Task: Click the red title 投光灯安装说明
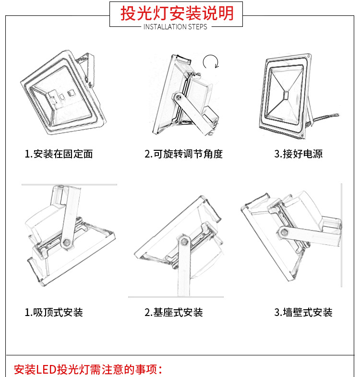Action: [x=176, y=13]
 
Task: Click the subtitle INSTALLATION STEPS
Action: [x=176, y=27]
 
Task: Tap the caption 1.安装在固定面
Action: [x=59, y=154]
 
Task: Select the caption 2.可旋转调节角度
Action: [x=184, y=154]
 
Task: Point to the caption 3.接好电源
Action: [x=298, y=154]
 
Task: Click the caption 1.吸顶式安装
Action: [x=54, y=313]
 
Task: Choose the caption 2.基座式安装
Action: [x=174, y=313]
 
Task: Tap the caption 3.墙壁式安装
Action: [x=303, y=313]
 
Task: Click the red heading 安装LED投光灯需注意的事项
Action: [x=88, y=370]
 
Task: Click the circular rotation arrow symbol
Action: [x=210, y=62]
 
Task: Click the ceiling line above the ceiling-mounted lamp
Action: [x=69, y=184]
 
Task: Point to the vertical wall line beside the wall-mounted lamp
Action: [x=341, y=235]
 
